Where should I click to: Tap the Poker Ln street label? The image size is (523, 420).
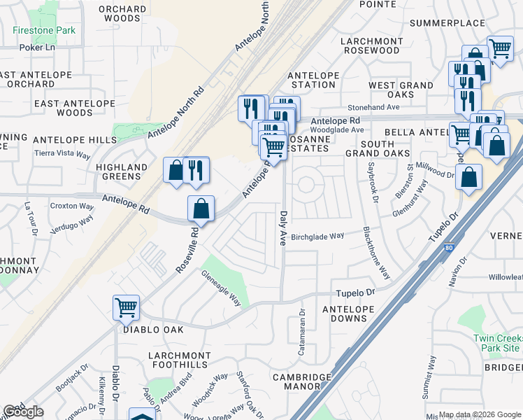click(36, 48)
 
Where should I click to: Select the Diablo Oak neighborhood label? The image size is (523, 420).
click(153, 329)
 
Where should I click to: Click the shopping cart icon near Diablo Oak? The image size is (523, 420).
click(126, 306)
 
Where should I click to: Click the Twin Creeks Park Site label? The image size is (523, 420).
click(497, 343)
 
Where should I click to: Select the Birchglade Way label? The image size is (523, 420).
click(317, 236)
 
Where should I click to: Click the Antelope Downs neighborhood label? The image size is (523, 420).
click(344, 314)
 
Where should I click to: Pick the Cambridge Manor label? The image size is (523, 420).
click(301, 381)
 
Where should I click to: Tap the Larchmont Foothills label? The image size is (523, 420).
click(178, 360)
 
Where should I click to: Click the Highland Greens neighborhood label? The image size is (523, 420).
click(122, 172)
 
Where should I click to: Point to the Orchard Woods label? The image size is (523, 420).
click(122, 14)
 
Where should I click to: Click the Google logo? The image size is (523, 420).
click(23, 412)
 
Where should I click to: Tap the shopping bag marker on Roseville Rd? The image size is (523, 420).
click(201, 208)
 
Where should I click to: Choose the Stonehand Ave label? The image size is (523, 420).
click(394, 107)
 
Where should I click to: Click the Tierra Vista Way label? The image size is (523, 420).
click(63, 154)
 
